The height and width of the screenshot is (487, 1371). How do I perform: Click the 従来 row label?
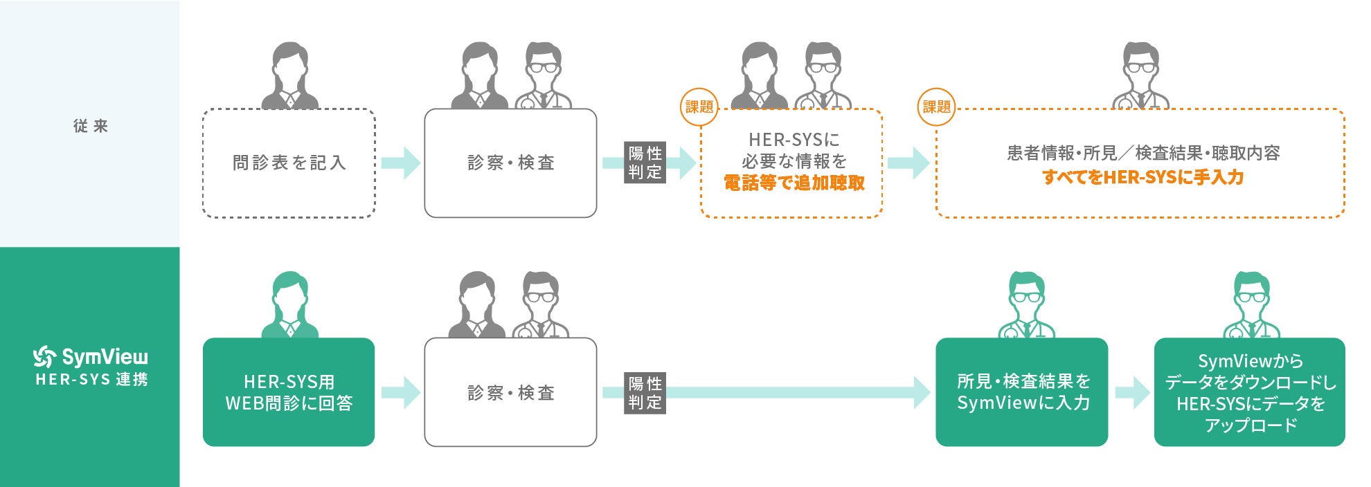91,126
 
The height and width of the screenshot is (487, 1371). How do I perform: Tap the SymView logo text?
104,357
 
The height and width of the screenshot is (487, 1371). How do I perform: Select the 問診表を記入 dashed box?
289,163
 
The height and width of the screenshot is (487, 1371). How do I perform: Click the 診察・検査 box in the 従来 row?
510,163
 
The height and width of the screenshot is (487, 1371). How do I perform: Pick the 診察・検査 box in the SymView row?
510,392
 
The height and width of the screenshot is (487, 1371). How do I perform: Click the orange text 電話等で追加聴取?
794,183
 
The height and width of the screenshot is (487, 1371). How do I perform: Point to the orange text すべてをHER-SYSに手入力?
1142,178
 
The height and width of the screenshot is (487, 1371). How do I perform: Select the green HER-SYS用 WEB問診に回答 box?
289,392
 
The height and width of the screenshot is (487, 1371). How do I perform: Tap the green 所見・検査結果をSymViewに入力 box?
1022,392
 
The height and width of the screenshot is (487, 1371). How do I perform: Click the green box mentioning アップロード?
1249,392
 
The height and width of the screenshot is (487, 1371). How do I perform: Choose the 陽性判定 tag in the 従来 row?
645,163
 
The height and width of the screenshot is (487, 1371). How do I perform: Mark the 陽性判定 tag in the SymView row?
645,393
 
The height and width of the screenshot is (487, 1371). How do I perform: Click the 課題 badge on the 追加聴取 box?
699,107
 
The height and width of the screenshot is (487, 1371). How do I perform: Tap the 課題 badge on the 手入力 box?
936,107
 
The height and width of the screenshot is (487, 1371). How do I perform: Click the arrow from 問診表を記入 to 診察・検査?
401,163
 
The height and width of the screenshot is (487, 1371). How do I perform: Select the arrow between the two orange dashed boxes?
908,163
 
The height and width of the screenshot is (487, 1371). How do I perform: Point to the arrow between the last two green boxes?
1132,393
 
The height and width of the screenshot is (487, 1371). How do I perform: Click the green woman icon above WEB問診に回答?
289,304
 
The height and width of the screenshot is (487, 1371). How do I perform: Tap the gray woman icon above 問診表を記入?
289,75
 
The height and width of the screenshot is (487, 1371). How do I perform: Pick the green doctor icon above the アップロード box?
1251,304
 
